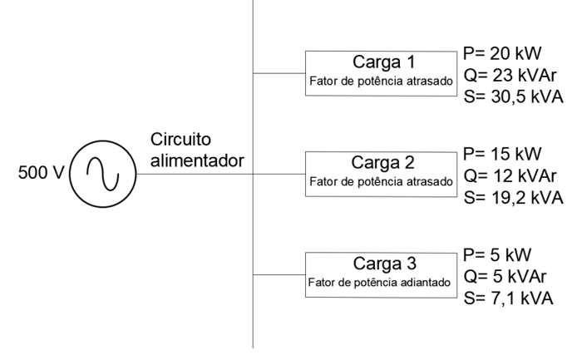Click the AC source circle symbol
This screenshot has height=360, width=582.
[x=100, y=175]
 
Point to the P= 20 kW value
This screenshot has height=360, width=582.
[x=503, y=53]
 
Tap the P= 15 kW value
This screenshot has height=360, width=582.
[x=503, y=155]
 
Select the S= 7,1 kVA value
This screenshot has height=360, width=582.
[x=509, y=297]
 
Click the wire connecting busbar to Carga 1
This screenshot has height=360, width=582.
[x=279, y=73]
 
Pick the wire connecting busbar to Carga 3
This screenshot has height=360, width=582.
[x=279, y=274]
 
